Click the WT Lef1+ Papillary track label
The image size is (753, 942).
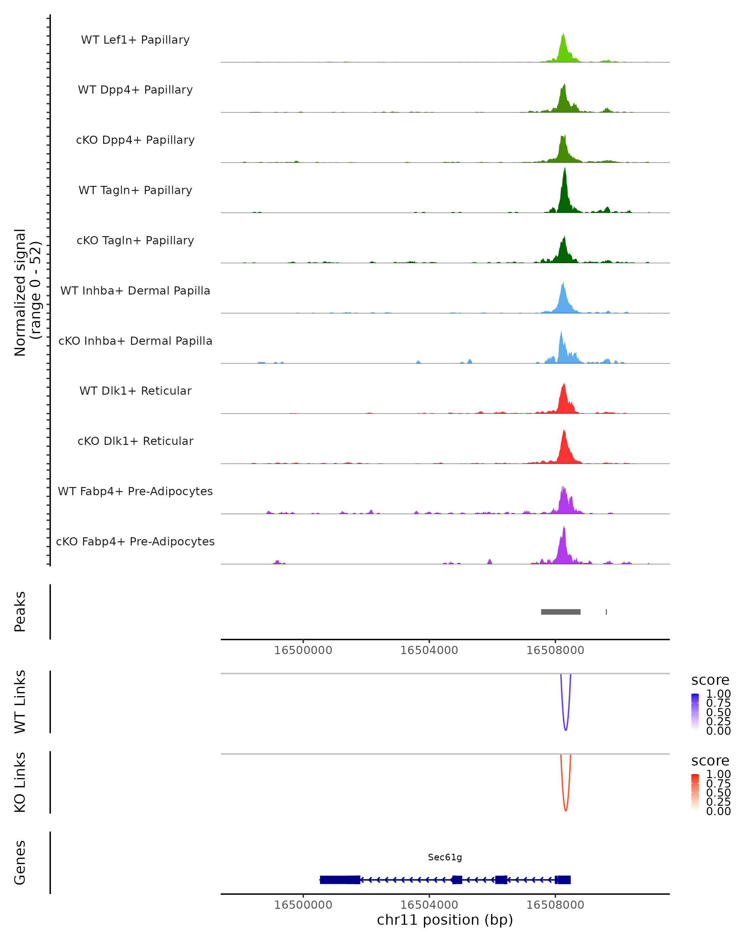point(135,40)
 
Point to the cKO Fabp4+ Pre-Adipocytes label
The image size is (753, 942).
point(135,541)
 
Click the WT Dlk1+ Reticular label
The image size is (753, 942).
point(135,391)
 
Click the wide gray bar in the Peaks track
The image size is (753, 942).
point(560,612)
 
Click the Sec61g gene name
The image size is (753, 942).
point(445,857)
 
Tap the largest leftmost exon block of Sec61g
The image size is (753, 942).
point(339,880)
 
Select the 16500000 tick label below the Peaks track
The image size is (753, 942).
point(303,650)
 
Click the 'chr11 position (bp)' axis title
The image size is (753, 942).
point(445,920)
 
